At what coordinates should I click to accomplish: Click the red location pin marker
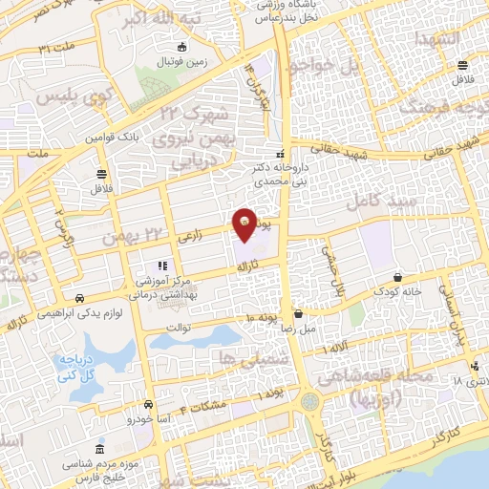click(x=245, y=223)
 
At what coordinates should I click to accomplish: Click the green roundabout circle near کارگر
click(x=311, y=401)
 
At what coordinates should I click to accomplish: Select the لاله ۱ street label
click(x=336, y=350)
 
